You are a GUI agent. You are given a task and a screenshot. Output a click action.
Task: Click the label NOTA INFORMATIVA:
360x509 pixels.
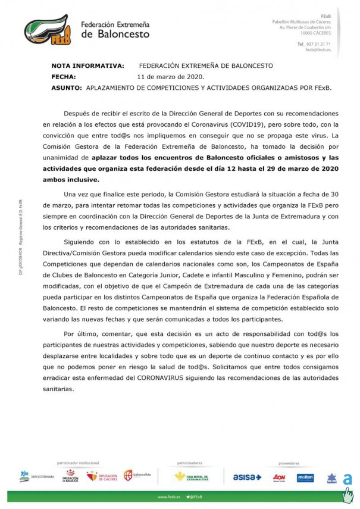tap(87, 65)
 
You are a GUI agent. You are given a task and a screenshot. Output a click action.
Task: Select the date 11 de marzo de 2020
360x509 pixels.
tap(171, 77)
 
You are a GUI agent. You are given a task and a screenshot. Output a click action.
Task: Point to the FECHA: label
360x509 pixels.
tap(64, 77)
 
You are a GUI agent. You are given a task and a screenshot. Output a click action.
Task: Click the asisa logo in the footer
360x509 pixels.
tap(247, 477)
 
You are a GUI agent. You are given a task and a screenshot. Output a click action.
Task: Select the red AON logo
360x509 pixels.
tap(279, 477)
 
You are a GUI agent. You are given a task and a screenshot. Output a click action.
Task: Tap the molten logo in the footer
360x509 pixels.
tap(305, 477)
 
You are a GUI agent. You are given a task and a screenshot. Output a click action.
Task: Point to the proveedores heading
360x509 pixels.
tap(289, 462)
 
